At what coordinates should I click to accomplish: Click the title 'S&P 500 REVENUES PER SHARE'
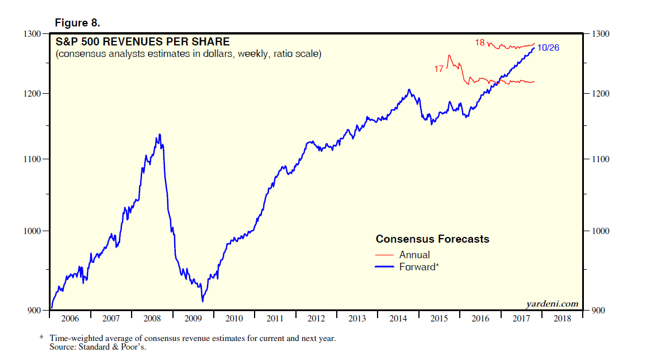click(142, 42)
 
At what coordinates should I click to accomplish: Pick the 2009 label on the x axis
click(193, 319)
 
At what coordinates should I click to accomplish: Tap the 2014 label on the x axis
click(398, 319)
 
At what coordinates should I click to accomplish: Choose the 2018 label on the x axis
click(561, 319)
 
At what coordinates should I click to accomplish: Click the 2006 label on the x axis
click(70, 319)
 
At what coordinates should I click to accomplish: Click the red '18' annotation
click(480, 43)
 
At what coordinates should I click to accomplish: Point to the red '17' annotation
click(439, 69)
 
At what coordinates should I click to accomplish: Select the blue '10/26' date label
click(548, 48)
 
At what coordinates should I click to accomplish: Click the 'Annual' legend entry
click(414, 255)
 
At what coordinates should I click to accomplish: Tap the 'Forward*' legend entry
click(418, 267)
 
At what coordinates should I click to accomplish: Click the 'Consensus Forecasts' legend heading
click(432, 239)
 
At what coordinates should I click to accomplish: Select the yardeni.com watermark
click(552, 304)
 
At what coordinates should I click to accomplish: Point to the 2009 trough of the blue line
click(202, 301)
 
